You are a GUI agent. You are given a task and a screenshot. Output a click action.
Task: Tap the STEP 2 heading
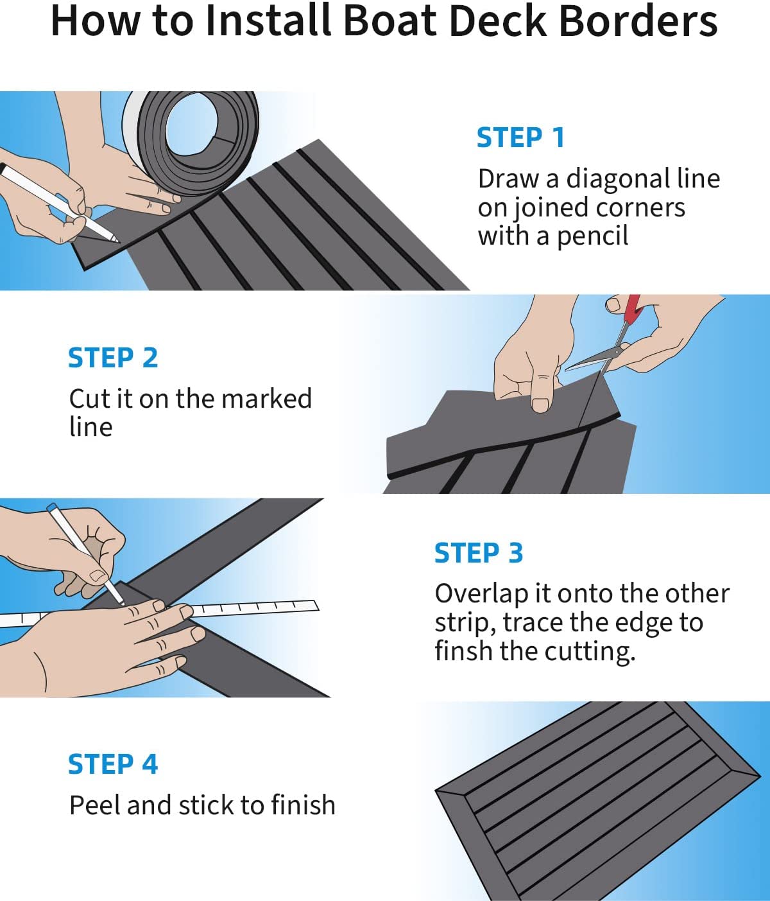[x=113, y=358]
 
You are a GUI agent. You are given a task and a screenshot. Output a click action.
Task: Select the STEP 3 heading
[x=479, y=553]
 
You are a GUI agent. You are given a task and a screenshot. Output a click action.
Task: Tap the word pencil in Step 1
[x=593, y=237]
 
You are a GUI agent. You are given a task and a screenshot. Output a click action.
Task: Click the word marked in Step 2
[x=266, y=398]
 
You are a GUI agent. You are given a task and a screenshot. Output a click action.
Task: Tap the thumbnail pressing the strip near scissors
[x=541, y=404]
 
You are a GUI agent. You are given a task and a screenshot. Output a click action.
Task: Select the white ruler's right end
[x=316, y=606]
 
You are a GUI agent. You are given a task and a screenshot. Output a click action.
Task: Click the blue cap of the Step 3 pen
[x=52, y=508]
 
